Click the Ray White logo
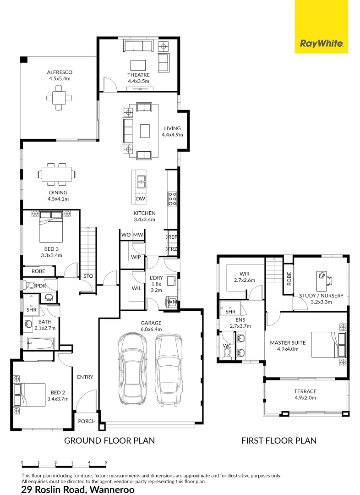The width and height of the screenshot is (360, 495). click(321, 44)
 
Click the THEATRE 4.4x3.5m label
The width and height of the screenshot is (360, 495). click(138, 78)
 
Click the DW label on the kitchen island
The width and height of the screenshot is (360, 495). click(140, 198)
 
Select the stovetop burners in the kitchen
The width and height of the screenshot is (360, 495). click(173, 199)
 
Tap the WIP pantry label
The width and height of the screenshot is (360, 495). click(136, 257)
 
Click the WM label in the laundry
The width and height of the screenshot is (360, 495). click(172, 302)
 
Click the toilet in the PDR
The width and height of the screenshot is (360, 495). click(30, 285)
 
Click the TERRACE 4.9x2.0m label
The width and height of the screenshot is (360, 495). click(305, 394)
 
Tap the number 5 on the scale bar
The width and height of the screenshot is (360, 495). click(106, 462)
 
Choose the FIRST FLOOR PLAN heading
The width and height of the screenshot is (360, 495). click(279, 441)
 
